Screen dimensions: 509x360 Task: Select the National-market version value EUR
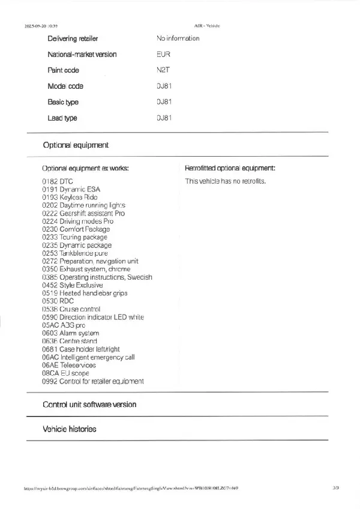pos(163,55)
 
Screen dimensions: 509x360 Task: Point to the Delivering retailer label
pos(73,38)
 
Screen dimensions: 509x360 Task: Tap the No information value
pos(178,38)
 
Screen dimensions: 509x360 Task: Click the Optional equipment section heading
pos(76,145)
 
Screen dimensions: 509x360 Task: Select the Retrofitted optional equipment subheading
pos(230,169)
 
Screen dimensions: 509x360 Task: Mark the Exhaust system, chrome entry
pos(86,270)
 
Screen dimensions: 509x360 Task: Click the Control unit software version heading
pos(89,405)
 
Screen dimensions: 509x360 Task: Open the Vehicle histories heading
pos(69,429)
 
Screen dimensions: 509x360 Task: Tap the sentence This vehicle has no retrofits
pos(225,181)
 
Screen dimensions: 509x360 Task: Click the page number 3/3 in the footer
pos(335,489)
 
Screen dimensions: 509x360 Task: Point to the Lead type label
pos(62,118)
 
